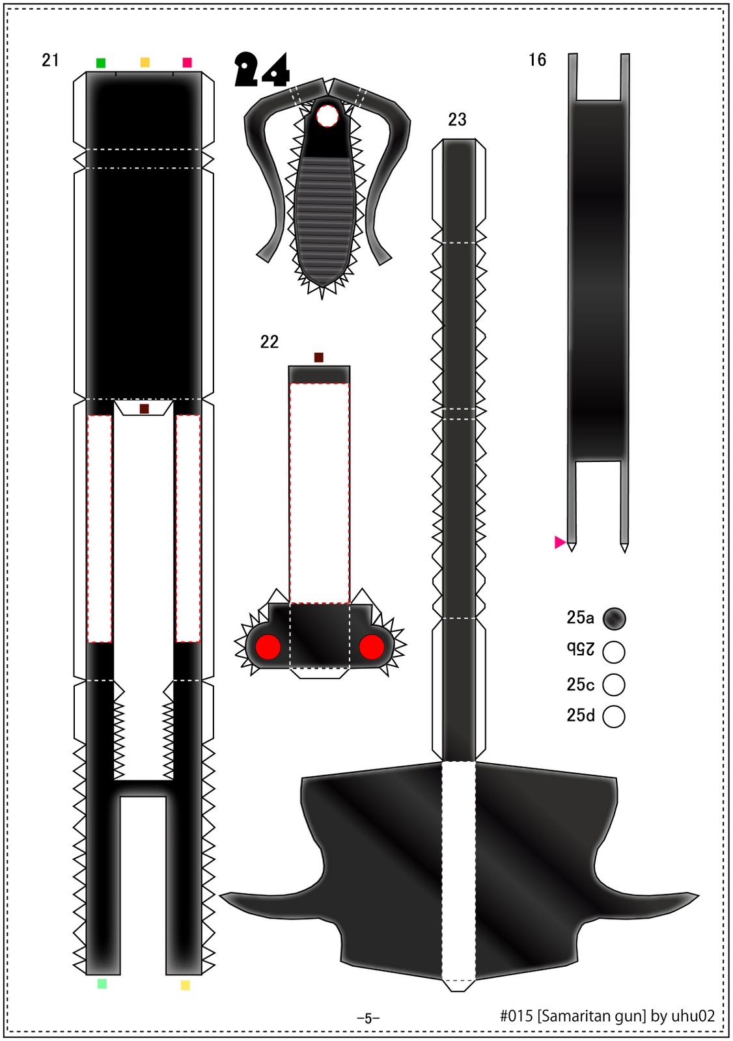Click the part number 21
[50, 61]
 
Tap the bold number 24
[262, 70]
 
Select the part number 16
[537, 60]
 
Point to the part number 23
[457, 120]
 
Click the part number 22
[270, 342]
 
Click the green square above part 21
[100, 62]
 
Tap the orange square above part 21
[145, 62]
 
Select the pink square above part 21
[187, 62]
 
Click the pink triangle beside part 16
[560, 542]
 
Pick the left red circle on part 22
[268, 647]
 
